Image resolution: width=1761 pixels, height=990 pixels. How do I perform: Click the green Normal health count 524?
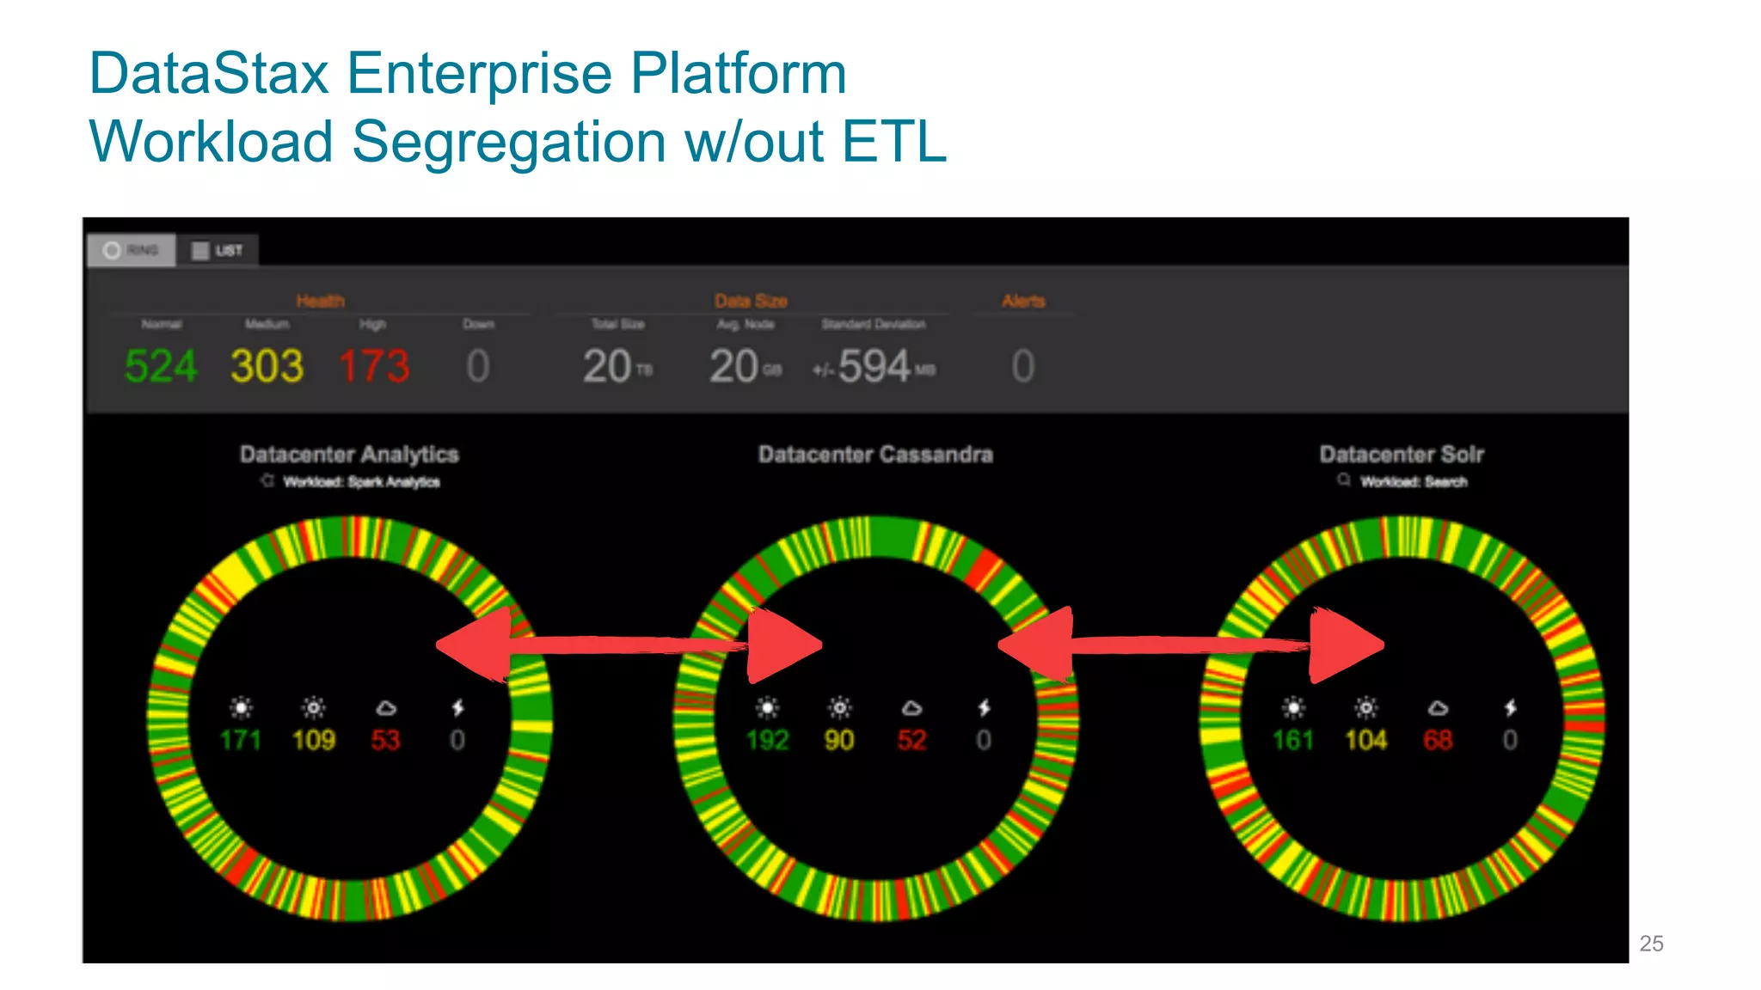(x=161, y=367)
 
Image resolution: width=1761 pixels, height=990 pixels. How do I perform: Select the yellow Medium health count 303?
(x=267, y=367)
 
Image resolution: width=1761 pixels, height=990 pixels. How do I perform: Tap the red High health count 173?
(x=374, y=367)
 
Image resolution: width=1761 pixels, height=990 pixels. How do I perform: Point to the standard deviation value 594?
(x=874, y=367)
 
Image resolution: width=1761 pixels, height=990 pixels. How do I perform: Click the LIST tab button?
(x=218, y=250)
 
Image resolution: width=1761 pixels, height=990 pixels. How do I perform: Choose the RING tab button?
(x=132, y=250)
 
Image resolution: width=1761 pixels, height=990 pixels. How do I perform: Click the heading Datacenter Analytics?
(x=349, y=454)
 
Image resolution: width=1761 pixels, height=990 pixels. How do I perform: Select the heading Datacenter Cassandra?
(x=875, y=454)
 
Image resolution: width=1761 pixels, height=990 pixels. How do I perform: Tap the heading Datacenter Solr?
(x=1402, y=454)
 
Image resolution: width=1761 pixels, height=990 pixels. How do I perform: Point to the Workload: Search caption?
(x=1413, y=482)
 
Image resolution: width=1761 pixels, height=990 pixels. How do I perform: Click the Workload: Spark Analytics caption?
(x=361, y=482)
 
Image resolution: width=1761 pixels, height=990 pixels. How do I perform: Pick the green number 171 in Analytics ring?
(x=240, y=740)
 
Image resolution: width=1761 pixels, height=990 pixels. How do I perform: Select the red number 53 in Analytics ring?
(x=385, y=740)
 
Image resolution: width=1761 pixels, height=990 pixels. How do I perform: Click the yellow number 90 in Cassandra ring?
(x=839, y=740)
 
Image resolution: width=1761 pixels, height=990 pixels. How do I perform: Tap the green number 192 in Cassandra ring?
(x=767, y=740)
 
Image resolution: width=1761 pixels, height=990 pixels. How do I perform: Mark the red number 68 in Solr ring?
(x=1438, y=740)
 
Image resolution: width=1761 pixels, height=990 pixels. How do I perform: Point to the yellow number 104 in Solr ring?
(x=1365, y=740)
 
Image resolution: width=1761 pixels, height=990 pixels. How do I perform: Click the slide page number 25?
(x=1651, y=944)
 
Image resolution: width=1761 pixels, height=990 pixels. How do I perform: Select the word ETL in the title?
(x=894, y=142)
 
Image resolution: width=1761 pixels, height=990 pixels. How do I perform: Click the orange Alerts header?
(x=1023, y=301)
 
